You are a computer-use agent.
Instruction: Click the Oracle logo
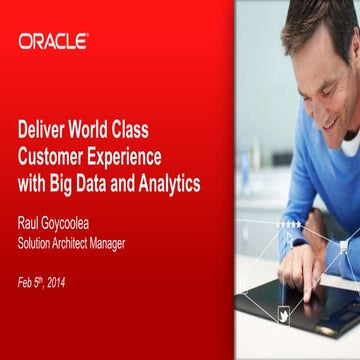tap(52, 41)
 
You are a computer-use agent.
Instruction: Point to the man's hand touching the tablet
tap(297, 262)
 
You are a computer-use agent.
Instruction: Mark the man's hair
tap(320, 20)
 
